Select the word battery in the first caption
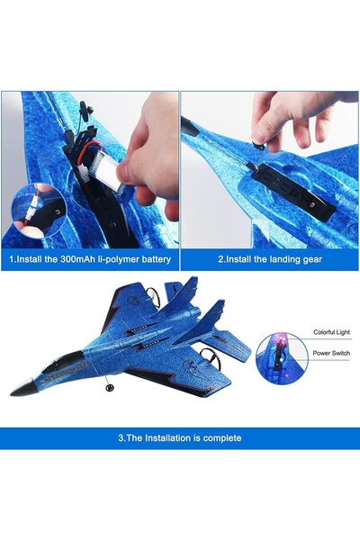click(x=151, y=259)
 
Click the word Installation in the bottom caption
click(x=161, y=438)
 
